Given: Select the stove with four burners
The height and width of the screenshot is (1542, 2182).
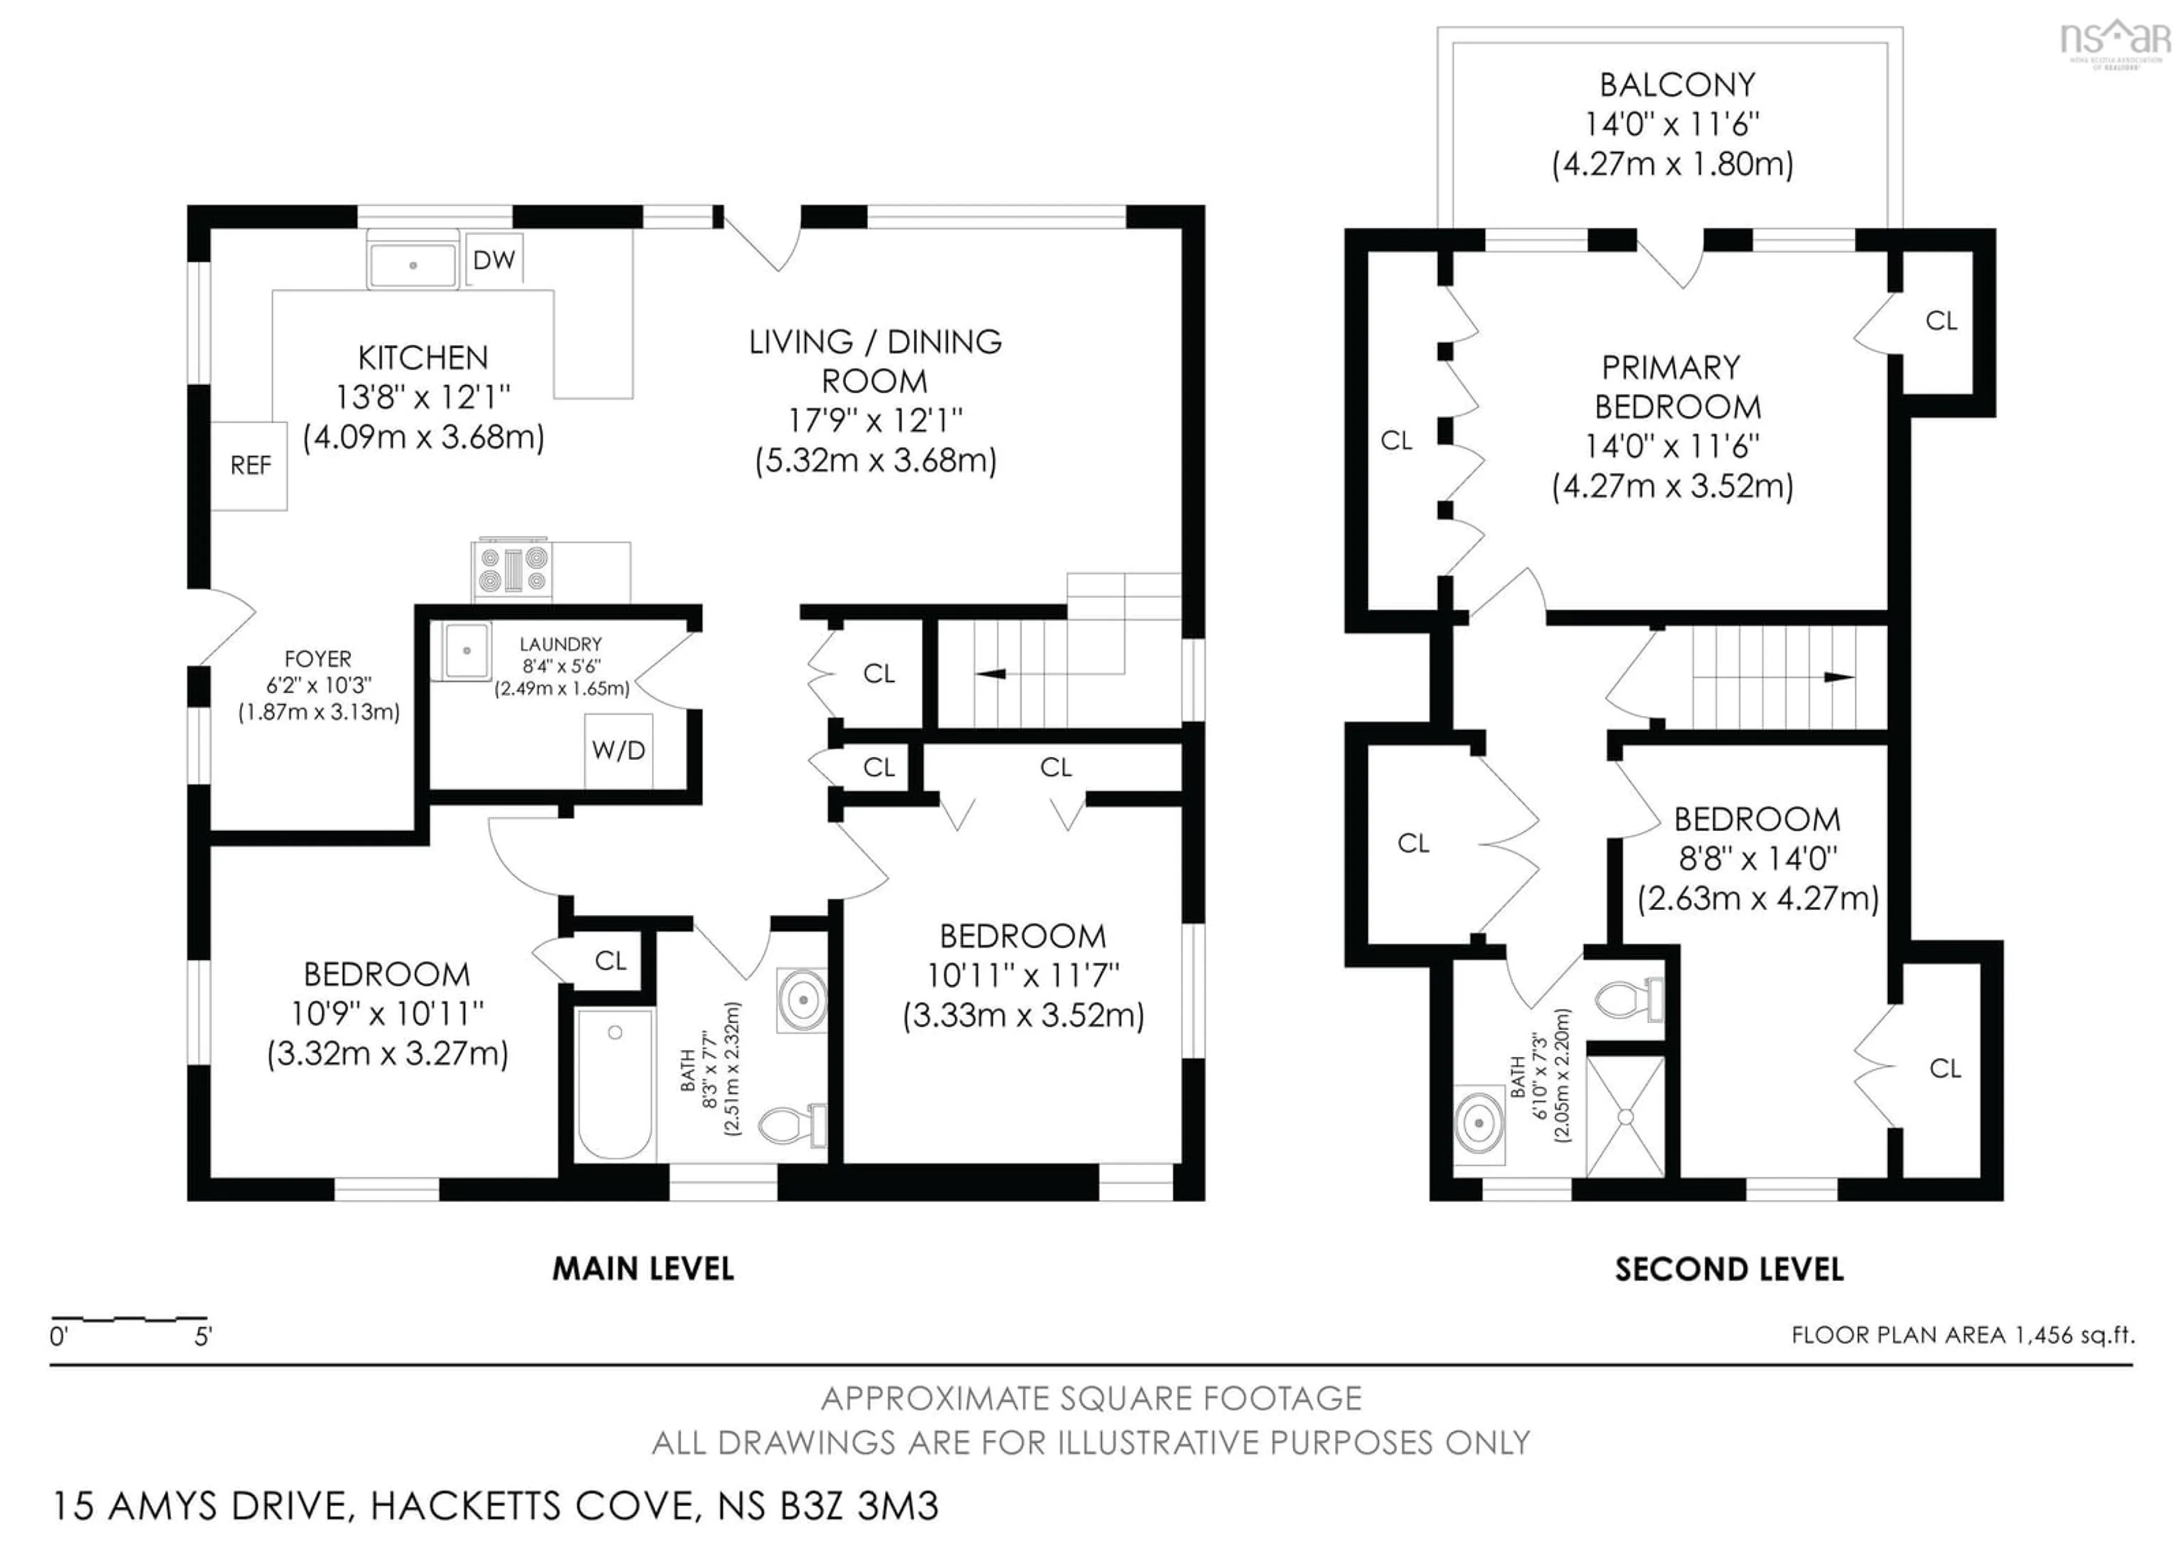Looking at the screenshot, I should coord(512,570).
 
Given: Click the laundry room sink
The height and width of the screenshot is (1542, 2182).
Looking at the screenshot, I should coord(466,651).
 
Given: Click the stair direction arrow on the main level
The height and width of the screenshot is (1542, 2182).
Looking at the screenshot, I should coord(990,674).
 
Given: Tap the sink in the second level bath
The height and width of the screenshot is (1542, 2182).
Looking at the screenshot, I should coord(1479,1124).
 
